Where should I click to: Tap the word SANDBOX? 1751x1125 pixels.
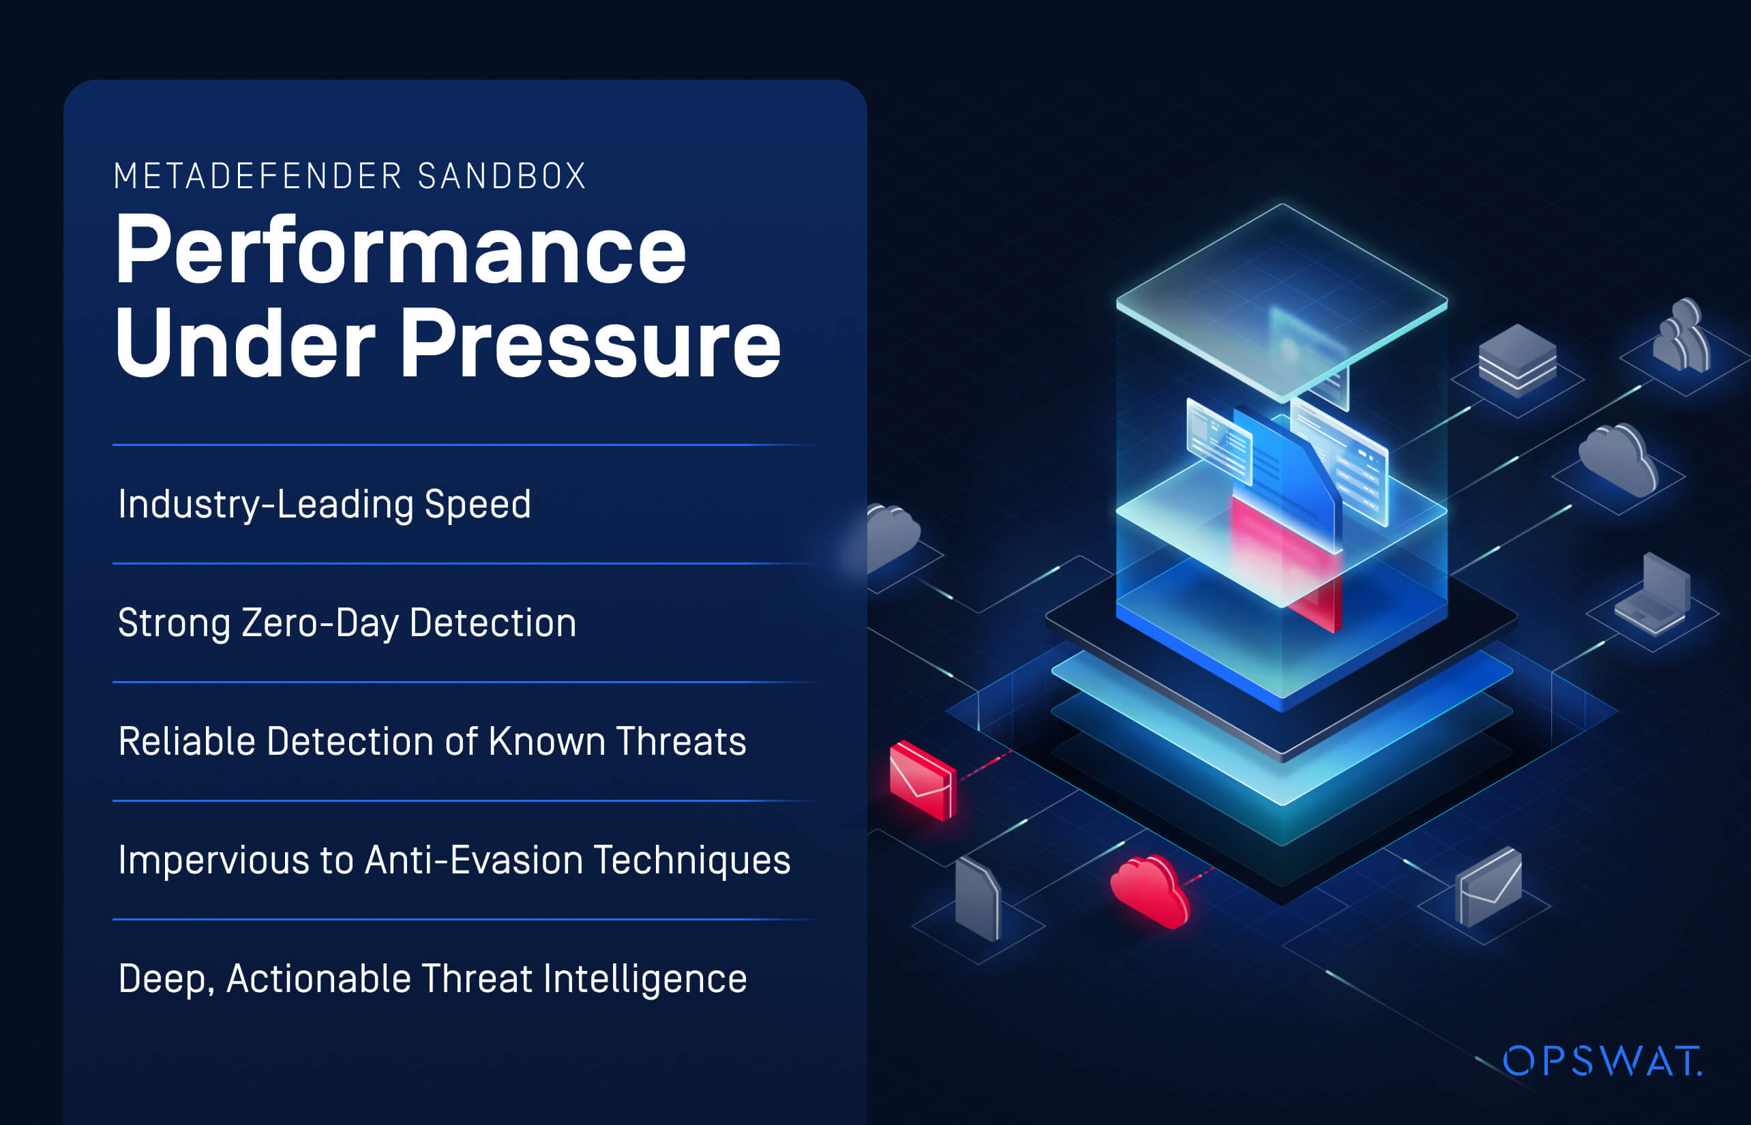click(503, 176)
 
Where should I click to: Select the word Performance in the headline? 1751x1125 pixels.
click(401, 251)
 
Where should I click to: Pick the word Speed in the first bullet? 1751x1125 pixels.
click(478, 505)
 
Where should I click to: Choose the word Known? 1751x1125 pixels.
click(547, 742)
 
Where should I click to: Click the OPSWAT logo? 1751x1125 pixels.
click(1602, 1062)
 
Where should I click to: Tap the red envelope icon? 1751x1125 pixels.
click(923, 780)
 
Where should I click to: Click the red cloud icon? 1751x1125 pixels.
click(1150, 892)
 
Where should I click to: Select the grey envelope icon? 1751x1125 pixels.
click(1488, 886)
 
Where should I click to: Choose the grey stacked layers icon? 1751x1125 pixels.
click(1518, 361)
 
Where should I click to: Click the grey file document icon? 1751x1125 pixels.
click(977, 899)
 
